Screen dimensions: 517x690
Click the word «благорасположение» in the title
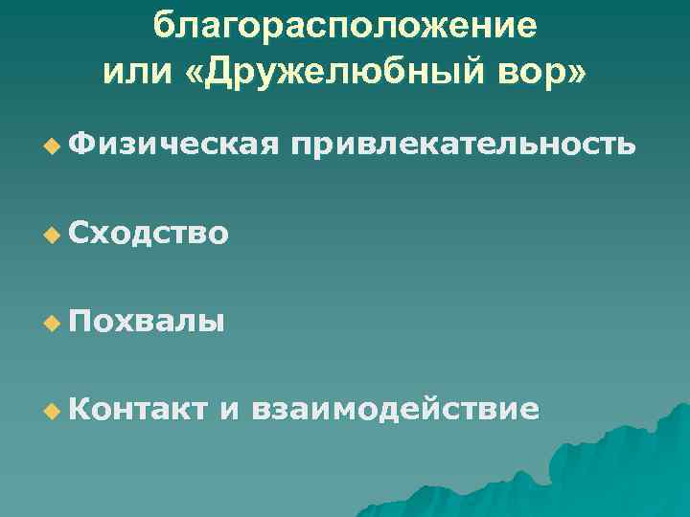(x=345, y=26)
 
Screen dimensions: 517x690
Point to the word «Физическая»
(x=173, y=144)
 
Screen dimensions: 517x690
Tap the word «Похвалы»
(x=148, y=320)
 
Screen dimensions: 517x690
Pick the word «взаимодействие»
(x=394, y=409)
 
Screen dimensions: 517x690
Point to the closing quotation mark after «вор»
(x=571, y=74)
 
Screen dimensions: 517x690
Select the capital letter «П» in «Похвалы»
(x=80, y=320)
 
